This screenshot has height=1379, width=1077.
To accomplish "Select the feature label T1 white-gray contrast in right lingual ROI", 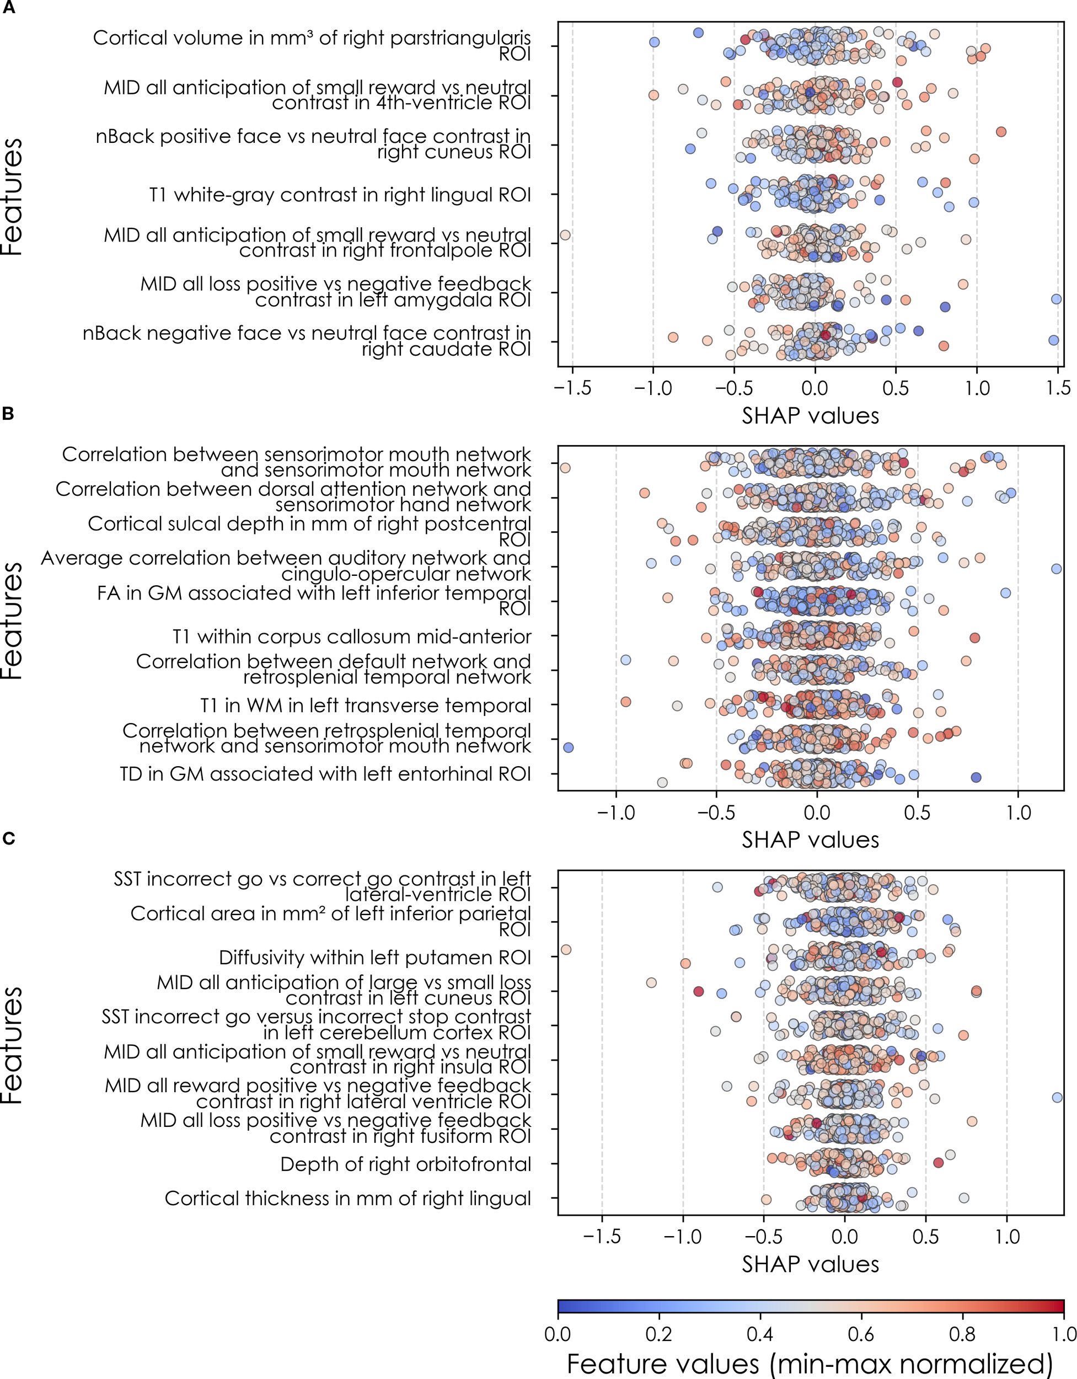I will (x=340, y=195).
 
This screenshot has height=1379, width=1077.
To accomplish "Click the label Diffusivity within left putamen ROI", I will (x=374, y=957).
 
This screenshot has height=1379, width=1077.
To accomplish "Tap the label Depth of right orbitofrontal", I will (x=405, y=1164).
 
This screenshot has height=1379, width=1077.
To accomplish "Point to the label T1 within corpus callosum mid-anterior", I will (x=352, y=637).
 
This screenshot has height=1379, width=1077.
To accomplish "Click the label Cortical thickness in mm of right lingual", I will (x=347, y=1199).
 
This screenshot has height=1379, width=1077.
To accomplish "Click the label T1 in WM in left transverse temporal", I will (x=365, y=705).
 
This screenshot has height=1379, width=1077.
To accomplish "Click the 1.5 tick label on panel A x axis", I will (x=1058, y=388).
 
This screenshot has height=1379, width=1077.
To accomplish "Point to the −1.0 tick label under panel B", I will (x=615, y=812).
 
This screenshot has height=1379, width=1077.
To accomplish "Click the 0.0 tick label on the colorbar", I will (x=558, y=1334).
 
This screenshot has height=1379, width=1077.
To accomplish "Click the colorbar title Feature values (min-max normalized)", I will (x=810, y=1364).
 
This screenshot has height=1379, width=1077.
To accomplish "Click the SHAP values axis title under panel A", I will (x=810, y=415).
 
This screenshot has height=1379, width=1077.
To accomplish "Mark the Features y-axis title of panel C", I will (x=13, y=1045).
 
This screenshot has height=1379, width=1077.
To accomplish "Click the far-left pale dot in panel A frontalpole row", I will (x=565, y=235).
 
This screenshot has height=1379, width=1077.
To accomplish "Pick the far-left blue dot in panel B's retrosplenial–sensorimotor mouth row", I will (x=567, y=747).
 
